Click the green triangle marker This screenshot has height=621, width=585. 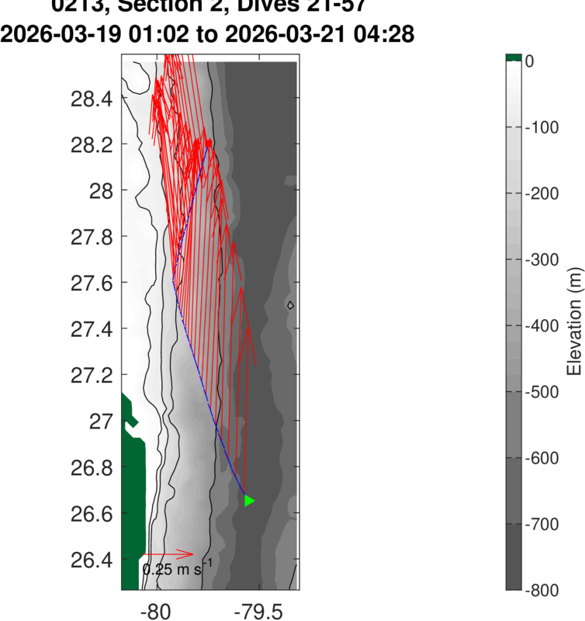click(x=249, y=501)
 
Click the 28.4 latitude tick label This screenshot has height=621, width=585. click(x=92, y=99)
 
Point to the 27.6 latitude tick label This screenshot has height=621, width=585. click(x=92, y=283)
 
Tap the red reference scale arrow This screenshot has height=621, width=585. click(x=168, y=554)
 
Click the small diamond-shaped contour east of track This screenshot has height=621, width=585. click(x=290, y=305)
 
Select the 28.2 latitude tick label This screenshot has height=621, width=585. click(x=92, y=144)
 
